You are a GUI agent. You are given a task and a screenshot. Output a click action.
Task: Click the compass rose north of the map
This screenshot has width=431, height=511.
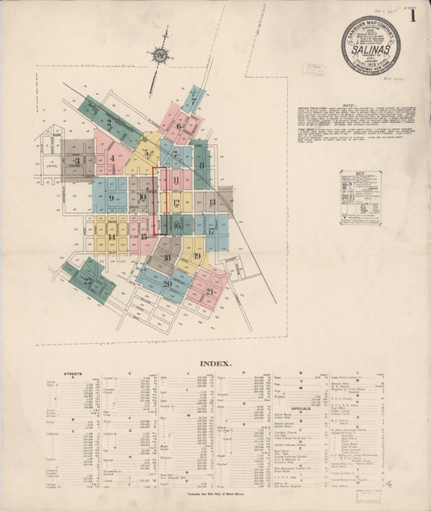point(159,55)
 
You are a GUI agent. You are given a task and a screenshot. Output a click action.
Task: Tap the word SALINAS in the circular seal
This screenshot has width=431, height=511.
point(370,49)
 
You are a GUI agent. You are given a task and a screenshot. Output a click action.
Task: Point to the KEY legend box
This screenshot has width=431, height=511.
point(361,197)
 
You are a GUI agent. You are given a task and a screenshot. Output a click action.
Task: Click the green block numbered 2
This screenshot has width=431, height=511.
point(109,122)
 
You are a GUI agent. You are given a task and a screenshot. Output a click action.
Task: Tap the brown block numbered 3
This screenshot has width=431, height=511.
point(77,161)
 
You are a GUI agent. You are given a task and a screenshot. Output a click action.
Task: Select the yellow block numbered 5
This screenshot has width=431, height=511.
point(146,153)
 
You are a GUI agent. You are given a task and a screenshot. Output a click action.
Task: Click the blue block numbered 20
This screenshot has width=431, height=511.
point(167,283)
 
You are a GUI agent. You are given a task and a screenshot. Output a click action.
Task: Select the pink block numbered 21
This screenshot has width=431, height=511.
point(209,291)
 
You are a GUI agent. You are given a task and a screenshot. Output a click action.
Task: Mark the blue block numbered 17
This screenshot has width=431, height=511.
point(212,230)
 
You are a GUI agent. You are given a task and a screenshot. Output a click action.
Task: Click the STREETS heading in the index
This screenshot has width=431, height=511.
point(74,375)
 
